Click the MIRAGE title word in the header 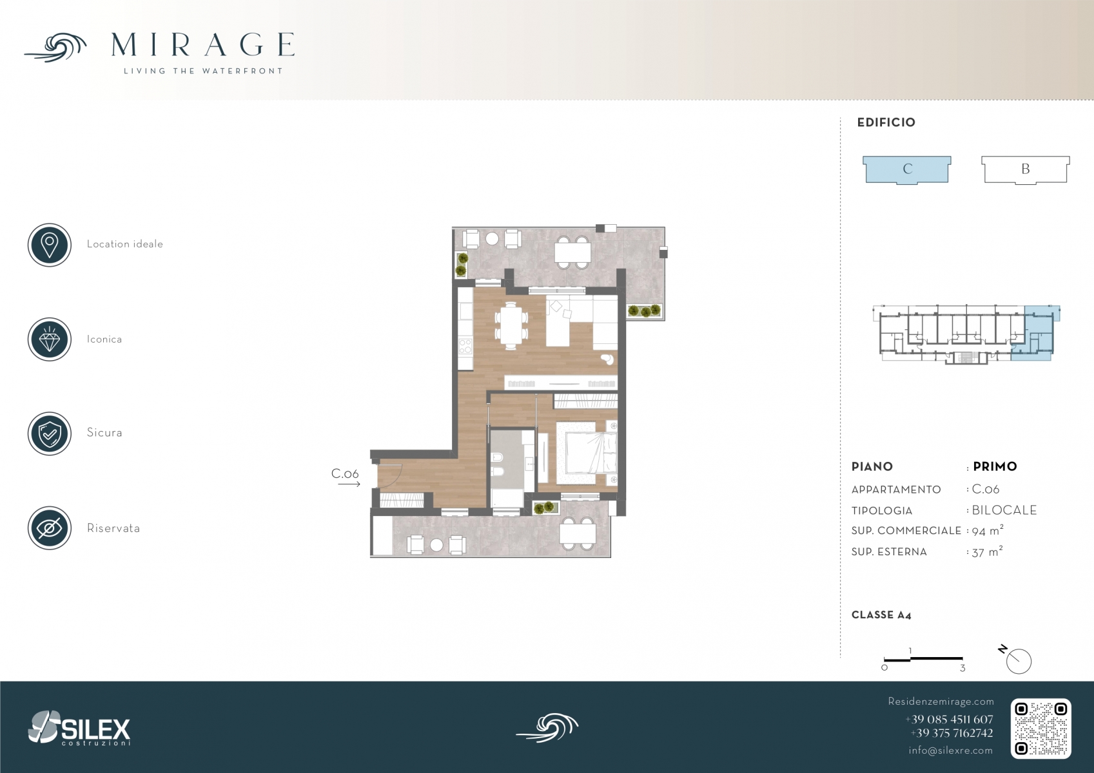point(202,44)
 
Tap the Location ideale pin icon point(50,245)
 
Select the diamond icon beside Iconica point(50,339)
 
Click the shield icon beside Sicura point(50,434)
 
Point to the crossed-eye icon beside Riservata point(50,528)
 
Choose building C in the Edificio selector point(907,169)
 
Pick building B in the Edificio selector point(1026,169)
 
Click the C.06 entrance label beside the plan point(345,473)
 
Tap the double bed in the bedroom point(587,453)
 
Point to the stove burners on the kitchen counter point(465,346)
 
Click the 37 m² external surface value point(987,552)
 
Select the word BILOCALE point(1004,510)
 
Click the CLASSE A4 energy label point(881,615)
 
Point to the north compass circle point(1019,662)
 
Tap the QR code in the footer point(1040,729)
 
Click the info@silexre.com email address point(950,750)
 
